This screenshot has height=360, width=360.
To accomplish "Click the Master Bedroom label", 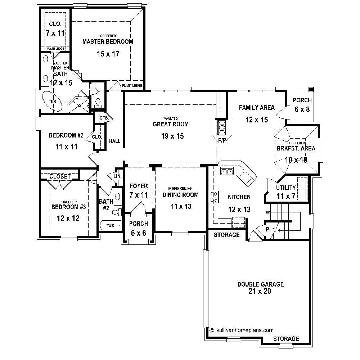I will click(103, 41).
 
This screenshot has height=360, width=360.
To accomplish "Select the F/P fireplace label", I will click(222, 140).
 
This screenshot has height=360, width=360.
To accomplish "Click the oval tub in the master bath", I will click(53, 101).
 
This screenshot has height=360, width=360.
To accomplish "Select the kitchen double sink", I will click(227, 172).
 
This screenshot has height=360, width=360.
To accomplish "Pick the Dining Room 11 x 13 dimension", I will click(180, 206).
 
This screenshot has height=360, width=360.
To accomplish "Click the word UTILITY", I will click(286, 188).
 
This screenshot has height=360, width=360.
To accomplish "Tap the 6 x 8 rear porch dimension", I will click(302, 109).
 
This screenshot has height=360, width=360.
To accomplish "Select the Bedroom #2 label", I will click(66, 135).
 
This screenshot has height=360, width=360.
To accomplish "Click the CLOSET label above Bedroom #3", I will click(60, 176).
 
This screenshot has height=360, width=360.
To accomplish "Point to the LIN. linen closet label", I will click(117, 176).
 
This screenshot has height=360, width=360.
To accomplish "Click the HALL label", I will click(114, 141).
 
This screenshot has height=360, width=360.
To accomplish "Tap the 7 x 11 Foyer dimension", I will click(139, 195).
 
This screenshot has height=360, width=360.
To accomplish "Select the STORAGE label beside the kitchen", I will click(226, 235).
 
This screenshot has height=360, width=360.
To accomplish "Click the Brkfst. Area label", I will click(296, 148).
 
